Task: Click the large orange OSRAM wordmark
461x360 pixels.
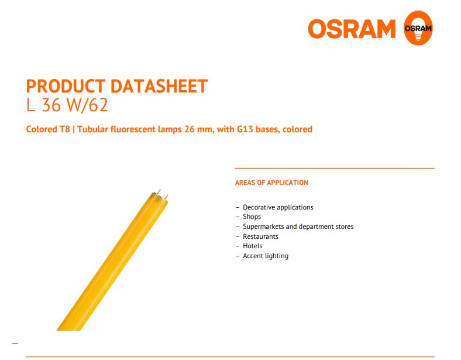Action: (352, 29)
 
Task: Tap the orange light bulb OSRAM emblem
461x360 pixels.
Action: (418, 28)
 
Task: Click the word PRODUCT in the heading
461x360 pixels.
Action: (66, 86)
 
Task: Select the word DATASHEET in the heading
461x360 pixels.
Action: (159, 86)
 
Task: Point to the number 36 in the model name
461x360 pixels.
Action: (51, 105)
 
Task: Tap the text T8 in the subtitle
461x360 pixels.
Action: (65, 129)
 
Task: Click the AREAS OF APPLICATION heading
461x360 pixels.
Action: (271, 183)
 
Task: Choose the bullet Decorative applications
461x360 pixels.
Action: (278, 207)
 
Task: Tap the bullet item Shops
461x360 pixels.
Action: (252, 217)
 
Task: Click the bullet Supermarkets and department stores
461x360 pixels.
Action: (298, 227)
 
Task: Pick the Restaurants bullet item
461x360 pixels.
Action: (260, 236)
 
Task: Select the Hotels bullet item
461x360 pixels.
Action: (253, 246)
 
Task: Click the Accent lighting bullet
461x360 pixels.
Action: (266, 256)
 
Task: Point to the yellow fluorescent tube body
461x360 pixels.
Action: (112, 262)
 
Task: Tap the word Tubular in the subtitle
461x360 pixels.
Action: (92, 129)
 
